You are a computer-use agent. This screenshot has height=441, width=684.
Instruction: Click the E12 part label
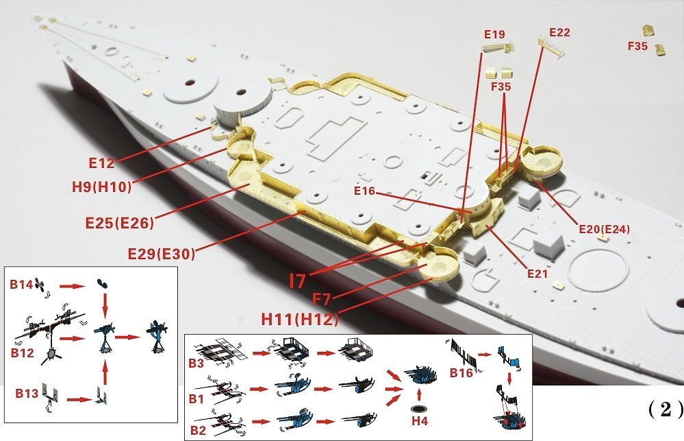tap(101, 163)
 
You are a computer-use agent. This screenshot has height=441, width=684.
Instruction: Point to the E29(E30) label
tap(161, 253)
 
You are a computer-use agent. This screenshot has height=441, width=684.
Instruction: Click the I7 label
tap(298, 280)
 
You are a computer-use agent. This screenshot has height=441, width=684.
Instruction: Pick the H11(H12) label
tap(299, 320)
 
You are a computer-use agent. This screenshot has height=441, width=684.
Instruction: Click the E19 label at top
tap(494, 34)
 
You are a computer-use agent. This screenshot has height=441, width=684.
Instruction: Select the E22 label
tap(559, 32)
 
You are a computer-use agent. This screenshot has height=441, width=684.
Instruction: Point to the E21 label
tap(537, 274)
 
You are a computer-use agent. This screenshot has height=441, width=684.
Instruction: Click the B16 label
tap(461, 373)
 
